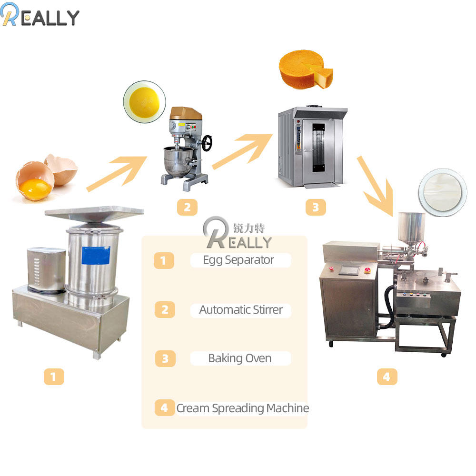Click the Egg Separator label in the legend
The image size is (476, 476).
point(238,260)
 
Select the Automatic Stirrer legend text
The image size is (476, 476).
point(241,310)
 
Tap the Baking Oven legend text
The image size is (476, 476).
point(240,358)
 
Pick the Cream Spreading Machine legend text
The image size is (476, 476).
point(242,408)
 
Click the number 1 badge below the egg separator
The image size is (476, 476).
point(53,377)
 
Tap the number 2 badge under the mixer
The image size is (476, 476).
point(187,207)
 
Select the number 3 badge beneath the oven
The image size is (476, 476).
point(316,207)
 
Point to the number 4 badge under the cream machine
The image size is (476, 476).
point(387,377)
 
